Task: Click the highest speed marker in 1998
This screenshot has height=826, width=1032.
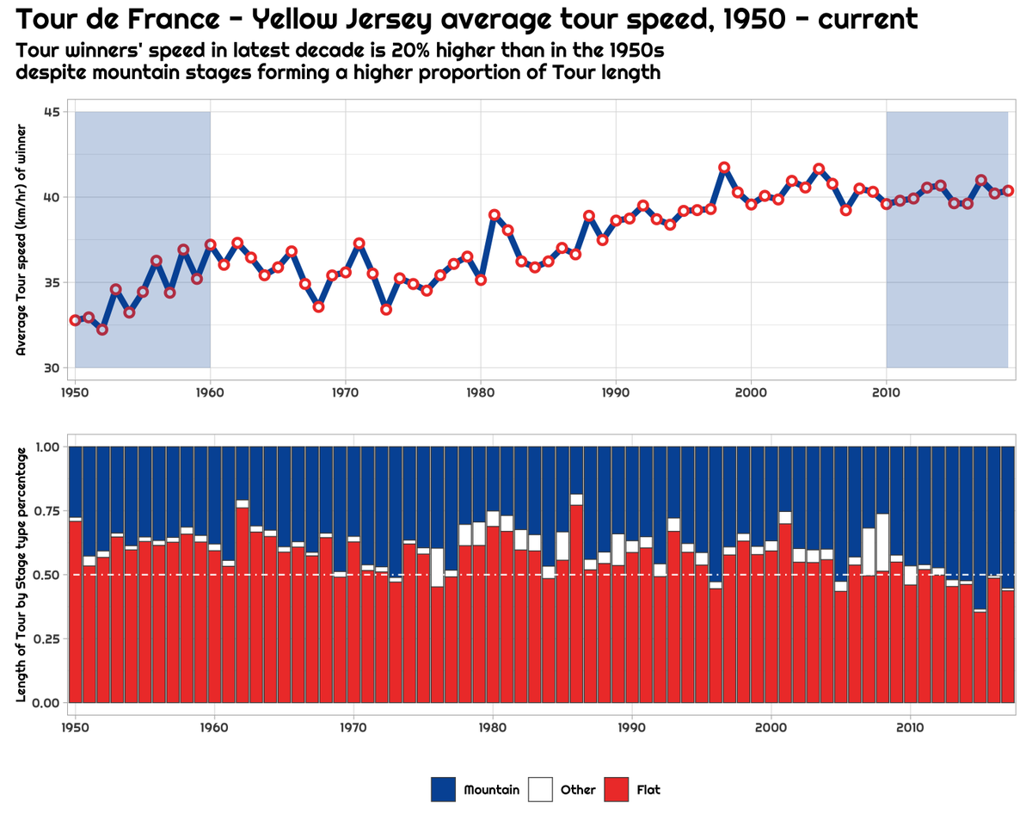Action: [724, 167]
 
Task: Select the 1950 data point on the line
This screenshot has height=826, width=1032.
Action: [75, 320]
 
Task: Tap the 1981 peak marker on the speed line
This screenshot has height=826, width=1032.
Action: [494, 214]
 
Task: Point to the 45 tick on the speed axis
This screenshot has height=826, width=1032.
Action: [52, 112]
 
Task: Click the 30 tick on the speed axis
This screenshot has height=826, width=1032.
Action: [52, 367]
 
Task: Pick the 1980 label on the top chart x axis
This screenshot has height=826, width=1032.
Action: [481, 393]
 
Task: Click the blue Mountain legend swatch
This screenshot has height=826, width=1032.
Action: [443, 789]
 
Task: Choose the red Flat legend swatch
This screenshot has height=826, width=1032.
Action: [617, 789]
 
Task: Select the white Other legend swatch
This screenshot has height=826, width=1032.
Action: [540, 789]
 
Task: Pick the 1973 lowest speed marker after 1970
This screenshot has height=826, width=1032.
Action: [386, 309]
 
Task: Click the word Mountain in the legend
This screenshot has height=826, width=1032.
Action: [491, 789]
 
